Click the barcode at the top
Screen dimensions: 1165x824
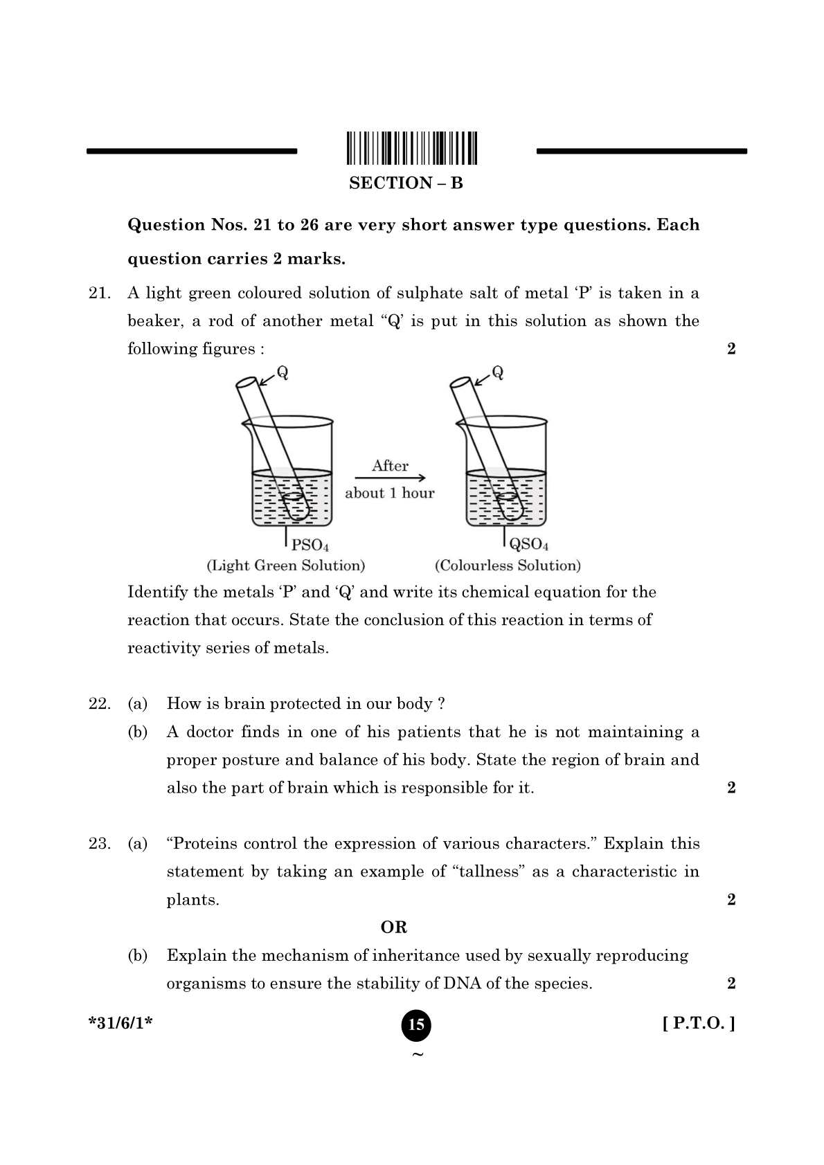(412, 147)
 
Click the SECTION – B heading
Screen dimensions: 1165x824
(406, 183)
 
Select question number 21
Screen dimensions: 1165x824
(99, 293)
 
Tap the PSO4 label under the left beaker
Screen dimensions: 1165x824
(310, 545)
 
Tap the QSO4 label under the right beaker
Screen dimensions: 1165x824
(529, 545)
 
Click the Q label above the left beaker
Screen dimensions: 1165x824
(283, 372)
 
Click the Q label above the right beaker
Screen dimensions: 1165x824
(497, 372)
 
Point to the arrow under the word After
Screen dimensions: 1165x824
(390, 478)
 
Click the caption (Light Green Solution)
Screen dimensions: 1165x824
(286, 566)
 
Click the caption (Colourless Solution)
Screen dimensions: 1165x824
(508, 566)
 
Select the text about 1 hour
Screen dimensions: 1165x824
(390, 494)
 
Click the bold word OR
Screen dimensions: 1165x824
(394, 928)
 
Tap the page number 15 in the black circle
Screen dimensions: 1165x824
(416, 1025)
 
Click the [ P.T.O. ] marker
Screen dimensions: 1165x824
(699, 1024)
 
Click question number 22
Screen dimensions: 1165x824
(99, 704)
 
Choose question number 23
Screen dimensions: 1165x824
(99, 844)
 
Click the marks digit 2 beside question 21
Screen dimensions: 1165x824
(731, 349)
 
